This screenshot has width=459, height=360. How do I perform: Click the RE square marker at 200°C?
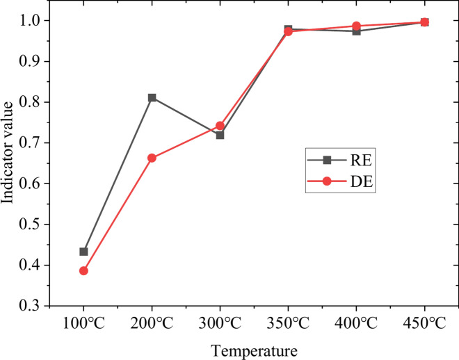(x=152, y=97)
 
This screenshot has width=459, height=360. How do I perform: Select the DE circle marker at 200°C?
(x=152, y=158)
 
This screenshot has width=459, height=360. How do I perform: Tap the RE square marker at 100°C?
(x=83, y=252)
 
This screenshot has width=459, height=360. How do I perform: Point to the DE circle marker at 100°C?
(x=83, y=270)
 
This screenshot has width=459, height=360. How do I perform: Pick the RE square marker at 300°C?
(x=220, y=135)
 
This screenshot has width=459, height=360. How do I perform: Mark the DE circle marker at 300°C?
(x=220, y=126)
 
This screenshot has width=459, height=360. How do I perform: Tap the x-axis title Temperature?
(x=254, y=350)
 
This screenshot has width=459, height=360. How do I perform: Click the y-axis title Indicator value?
(x=9, y=163)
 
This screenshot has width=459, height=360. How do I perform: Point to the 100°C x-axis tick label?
(x=83, y=323)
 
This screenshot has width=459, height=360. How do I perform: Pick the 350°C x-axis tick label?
(x=288, y=323)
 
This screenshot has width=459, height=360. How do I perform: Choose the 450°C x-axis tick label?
(x=424, y=323)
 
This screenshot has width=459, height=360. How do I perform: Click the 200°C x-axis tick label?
(x=152, y=323)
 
